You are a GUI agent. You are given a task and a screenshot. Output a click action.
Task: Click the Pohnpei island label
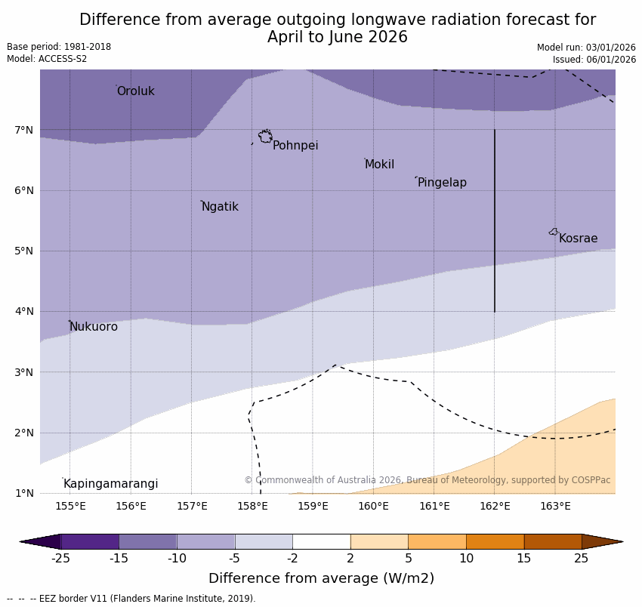tap(295, 146)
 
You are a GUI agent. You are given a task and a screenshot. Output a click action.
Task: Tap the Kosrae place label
tap(578, 239)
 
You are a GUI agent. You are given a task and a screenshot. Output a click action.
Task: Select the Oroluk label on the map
tap(135, 91)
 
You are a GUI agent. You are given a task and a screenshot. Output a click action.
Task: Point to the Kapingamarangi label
tap(110, 484)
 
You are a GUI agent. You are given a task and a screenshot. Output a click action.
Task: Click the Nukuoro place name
tap(94, 327)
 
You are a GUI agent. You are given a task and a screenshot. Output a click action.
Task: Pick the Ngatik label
tap(220, 207)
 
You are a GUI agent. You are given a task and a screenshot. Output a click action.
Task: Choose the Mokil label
tap(379, 165)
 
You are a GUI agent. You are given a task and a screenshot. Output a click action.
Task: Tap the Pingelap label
tap(442, 183)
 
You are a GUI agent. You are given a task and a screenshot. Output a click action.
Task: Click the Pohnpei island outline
tap(265, 137)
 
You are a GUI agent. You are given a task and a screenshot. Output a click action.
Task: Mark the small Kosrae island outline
tap(554, 232)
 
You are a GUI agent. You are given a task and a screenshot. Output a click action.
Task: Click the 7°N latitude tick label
tap(24, 130)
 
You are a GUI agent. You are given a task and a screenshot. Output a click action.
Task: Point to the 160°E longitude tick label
tap(373, 506)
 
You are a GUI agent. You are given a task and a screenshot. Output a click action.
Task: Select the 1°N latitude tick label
tap(24, 493)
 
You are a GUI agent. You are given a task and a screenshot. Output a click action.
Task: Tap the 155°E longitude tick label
tap(70, 506)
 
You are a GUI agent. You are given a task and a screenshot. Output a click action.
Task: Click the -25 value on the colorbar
tap(60, 559)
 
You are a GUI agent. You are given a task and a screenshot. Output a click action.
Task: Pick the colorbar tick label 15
tap(524, 559)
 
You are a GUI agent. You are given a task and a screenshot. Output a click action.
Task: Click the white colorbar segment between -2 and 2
tap(321, 541)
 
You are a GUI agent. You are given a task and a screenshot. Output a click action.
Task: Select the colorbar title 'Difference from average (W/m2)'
tap(321, 579)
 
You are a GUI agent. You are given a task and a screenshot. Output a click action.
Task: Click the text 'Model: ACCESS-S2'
tap(47, 59)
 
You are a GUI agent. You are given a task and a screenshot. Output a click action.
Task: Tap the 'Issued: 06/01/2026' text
tap(594, 60)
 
